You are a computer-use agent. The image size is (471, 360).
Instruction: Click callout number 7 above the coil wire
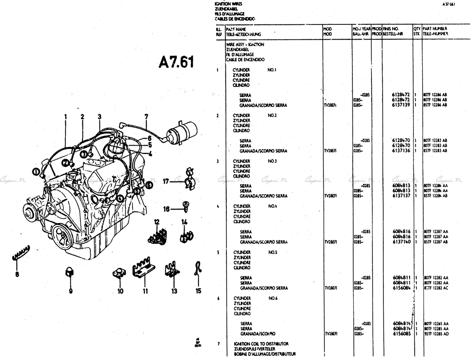(146, 116)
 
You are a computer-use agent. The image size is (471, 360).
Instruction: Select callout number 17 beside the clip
(166, 181)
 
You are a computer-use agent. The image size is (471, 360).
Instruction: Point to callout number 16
(166, 209)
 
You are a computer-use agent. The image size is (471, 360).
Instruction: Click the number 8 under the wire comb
(17, 274)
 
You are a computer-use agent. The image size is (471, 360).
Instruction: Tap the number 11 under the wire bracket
(145, 291)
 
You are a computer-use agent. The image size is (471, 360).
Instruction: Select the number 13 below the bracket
(174, 291)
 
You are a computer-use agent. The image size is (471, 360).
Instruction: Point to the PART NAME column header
(236, 29)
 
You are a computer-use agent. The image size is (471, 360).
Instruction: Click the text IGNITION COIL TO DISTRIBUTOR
(261, 344)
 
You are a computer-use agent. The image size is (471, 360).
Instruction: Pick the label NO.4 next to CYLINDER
(273, 206)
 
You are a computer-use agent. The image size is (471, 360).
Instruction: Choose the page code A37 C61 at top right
(448, 4)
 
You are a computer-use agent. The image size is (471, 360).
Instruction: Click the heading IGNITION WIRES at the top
(225, 3)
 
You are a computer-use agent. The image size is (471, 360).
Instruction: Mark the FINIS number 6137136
(401, 151)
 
